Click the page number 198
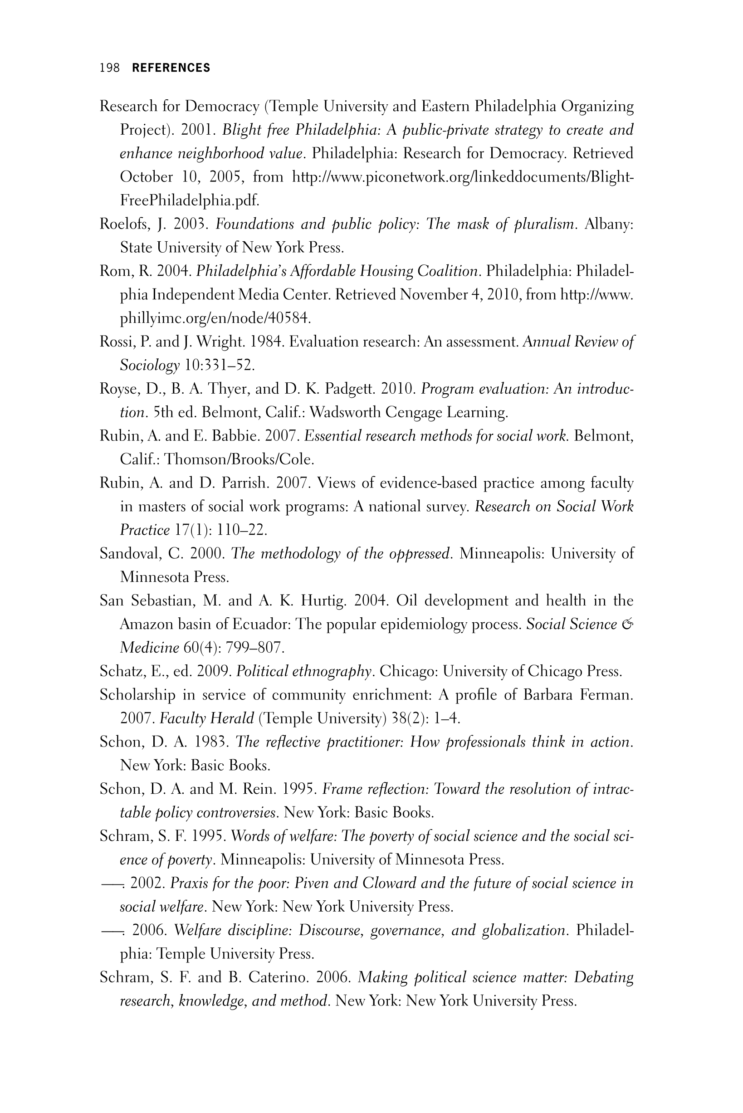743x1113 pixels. tap(109, 68)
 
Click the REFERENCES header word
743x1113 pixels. tap(171, 68)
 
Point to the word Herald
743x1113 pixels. tap(232, 719)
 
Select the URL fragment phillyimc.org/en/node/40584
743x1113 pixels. tap(215, 318)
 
